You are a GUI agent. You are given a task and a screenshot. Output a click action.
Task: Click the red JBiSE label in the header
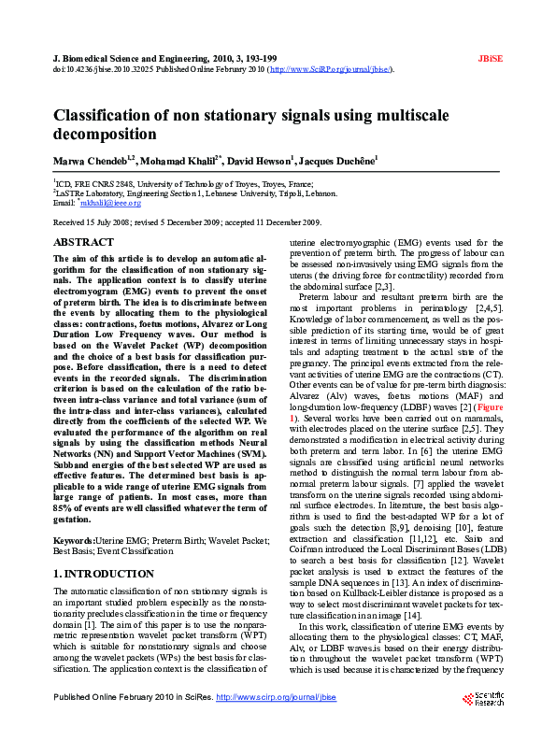[x=491, y=58]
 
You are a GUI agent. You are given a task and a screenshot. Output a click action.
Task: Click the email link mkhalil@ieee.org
[x=110, y=203]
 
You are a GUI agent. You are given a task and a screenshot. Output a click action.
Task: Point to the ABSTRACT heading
[x=83, y=243]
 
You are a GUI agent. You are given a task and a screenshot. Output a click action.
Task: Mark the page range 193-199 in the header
[x=258, y=58]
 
